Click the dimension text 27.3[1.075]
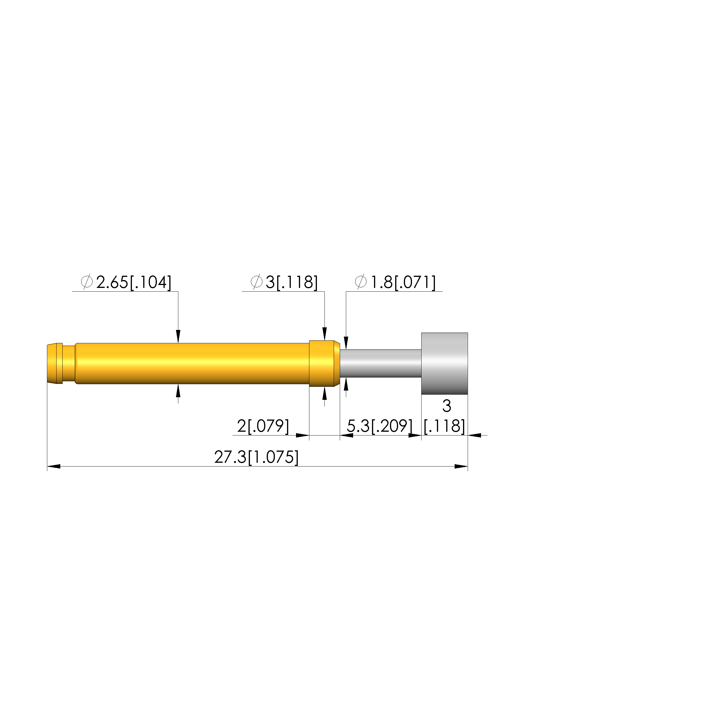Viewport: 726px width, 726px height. (x=256, y=457)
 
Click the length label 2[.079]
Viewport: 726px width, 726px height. (x=263, y=426)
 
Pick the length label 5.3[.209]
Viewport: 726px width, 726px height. (x=380, y=426)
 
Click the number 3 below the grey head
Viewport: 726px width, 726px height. (x=447, y=406)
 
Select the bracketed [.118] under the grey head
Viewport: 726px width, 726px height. (x=444, y=426)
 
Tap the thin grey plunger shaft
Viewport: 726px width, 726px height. (x=381, y=363)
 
